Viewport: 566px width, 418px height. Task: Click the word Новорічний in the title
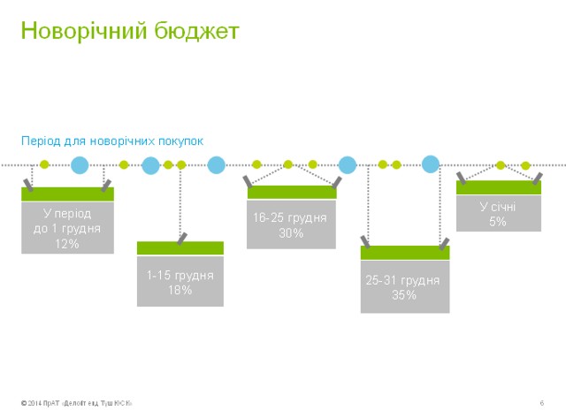pyautogui.click(x=76, y=31)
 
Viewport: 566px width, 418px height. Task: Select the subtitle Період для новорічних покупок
pyautogui.click(x=112, y=141)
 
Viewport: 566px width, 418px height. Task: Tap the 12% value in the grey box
pyautogui.click(x=67, y=243)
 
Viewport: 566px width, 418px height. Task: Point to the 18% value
pyautogui.click(x=180, y=290)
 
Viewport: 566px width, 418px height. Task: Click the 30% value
pyautogui.click(x=291, y=233)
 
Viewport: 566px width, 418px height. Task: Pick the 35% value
pyautogui.click(x=404, y=295)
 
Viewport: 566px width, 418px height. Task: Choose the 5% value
pyautogui.click(x=499, y=222)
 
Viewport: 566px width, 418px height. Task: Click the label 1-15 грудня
pyautogui.click(x=180, y=276)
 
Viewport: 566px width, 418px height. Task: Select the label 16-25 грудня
pyautogui.click(x=291, y=217)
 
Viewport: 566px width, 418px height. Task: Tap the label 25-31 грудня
pyautogui.click(x=404, y=280)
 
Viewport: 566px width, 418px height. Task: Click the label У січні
pyautogui.click(x=499, y=207)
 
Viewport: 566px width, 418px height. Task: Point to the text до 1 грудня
pyautogui.click(x=67, y=228)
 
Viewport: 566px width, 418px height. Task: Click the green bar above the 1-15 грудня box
pyautogui.click(x=180, y=248)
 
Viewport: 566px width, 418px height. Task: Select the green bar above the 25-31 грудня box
pyautogui.click(x=404, y=253)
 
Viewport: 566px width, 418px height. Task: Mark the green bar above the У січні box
pyautogui.click(x=499, y=187)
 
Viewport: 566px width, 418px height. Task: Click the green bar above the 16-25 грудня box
pyautogui.click(x=291, y=192)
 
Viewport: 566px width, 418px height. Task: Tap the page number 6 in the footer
pyautogui.click(x=540, y=404)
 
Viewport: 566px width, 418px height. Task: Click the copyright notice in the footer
pyautogui.click(x=77, y=404)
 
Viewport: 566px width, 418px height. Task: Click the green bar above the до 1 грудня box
pyautogui.click(x=67, y=194)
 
